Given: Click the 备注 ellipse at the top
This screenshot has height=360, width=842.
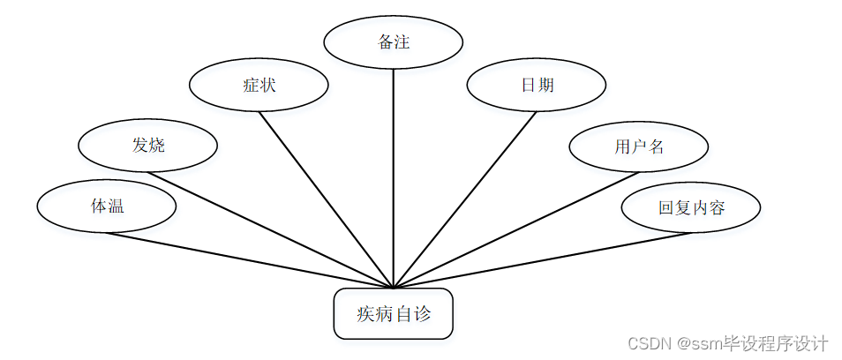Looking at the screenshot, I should tap(393, 41).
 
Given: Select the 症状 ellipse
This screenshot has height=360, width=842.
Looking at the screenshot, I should tap(259, 86).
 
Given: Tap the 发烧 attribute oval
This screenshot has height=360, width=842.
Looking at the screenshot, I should tap(147, 145).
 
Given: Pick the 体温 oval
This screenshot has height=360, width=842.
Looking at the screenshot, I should tap(107, 206).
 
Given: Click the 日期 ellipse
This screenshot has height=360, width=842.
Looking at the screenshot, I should tap(537, 86).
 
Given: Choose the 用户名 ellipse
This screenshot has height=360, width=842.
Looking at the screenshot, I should tap(638, 146).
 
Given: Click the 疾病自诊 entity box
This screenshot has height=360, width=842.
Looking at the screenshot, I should tap(393, 313).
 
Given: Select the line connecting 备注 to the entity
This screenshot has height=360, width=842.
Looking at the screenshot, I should tap(393, 176).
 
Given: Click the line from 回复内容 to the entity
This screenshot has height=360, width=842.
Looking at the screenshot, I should tap(538, 261).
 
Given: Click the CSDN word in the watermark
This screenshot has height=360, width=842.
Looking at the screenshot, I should tap(646, 342).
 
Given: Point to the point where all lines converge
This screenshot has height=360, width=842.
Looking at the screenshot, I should tap(393, 288).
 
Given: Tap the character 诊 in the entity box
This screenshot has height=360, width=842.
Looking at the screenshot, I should tap(422, 313).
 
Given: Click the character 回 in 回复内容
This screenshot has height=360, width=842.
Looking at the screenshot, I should tap(666, 208).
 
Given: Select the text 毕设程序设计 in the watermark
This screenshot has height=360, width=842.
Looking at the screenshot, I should tap(776, 342).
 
